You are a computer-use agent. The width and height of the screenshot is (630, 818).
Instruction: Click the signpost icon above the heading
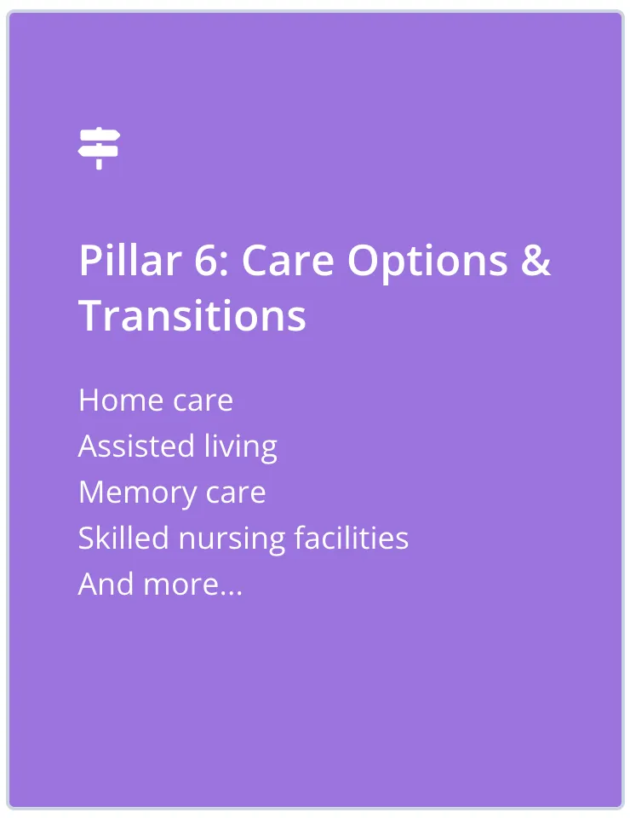pyautogui.click(x=99, y=148)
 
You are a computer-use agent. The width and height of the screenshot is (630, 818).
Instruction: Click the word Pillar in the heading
pyautogui.click(x=130, y=260)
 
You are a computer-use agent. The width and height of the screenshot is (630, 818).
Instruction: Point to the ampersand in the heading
pyautogui.click(x=535, y=260)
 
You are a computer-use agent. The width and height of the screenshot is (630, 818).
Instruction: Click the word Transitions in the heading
pyautogui.click(x=192, y=315)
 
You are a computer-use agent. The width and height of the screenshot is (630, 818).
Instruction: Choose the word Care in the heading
pyautogui.click(x=288, y=260)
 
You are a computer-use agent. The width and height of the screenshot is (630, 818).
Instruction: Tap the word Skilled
pyautogui.click(x=123, y=538)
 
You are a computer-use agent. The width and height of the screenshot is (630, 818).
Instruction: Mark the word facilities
pyautogui.click(x=352, y=538)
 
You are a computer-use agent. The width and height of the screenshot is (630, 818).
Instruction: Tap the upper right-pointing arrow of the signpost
pyautogui.click(x=100, y=136)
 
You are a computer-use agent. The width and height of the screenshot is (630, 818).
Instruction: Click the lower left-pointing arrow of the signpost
pyautogui.click(x=98, y=152)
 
